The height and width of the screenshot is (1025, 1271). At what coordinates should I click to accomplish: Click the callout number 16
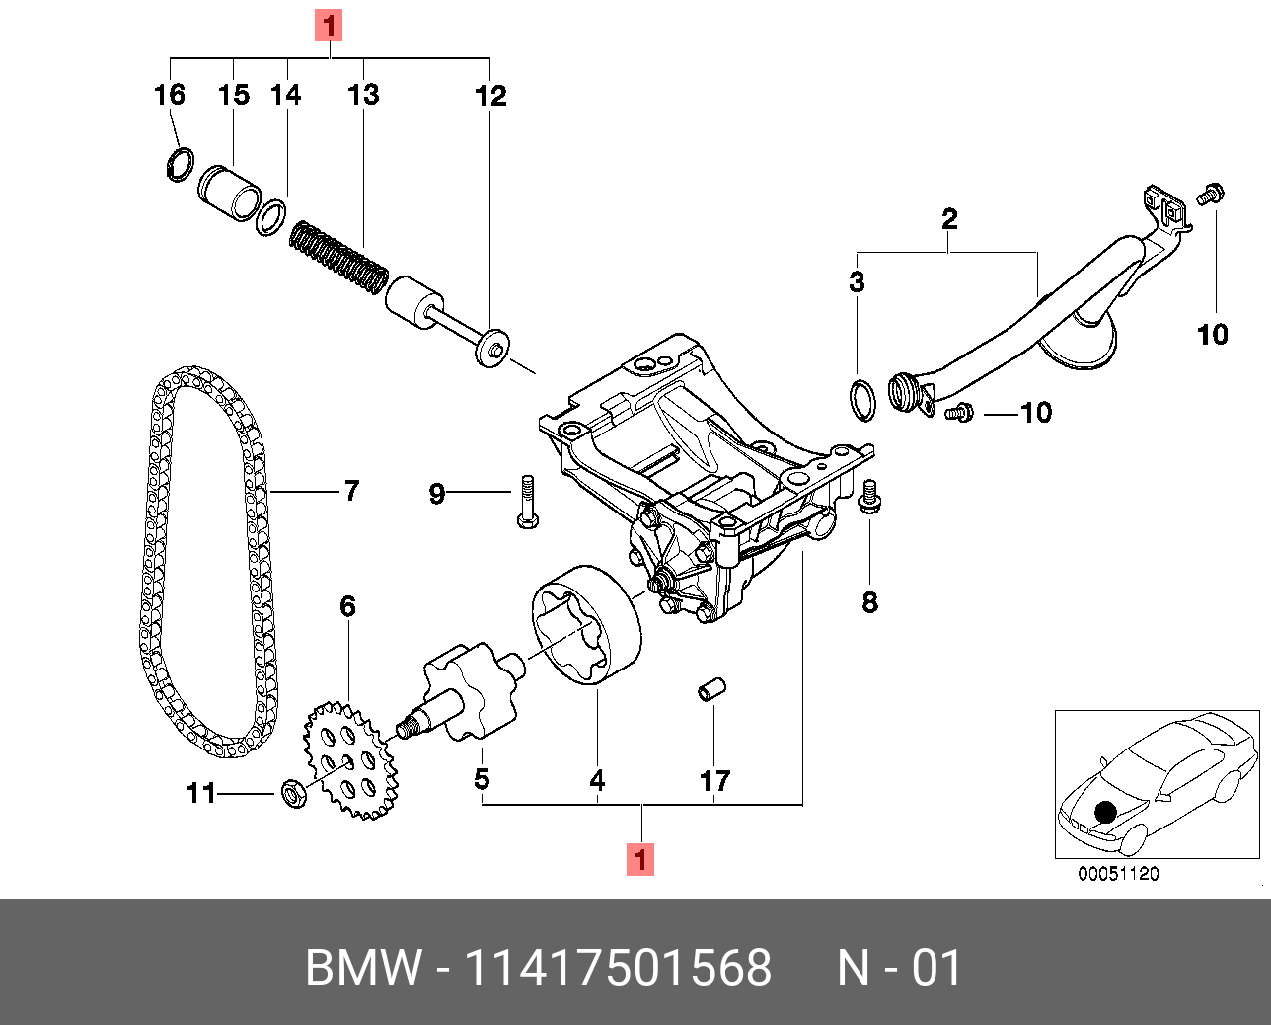point(170,95)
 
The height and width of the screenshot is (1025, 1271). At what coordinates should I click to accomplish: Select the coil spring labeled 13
point(338,257)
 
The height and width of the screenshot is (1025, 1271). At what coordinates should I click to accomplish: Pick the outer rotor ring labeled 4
point(586,623)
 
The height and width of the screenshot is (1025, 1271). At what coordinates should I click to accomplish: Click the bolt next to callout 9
point(526,501)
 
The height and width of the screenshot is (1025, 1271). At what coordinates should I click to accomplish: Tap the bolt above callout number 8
point(869,496)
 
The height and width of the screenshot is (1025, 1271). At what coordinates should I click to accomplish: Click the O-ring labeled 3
point(861,398)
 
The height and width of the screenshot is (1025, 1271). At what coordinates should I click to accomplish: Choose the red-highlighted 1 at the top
point(329,25)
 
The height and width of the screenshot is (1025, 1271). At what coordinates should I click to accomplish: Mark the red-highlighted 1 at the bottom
point(641,859)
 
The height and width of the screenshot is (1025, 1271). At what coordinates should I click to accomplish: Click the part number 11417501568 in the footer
point(618,967)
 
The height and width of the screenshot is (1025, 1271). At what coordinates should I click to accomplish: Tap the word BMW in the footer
point(363,967)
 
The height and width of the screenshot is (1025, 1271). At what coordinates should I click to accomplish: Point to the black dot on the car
point(1105,811)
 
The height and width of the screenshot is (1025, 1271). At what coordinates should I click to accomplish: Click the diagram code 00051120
point(1118,874)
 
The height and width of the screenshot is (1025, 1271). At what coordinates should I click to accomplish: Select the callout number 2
point(949,218)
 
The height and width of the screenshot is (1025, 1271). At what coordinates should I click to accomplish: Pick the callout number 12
point(490,96)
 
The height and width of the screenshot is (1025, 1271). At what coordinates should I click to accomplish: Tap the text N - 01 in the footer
point(899,967)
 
